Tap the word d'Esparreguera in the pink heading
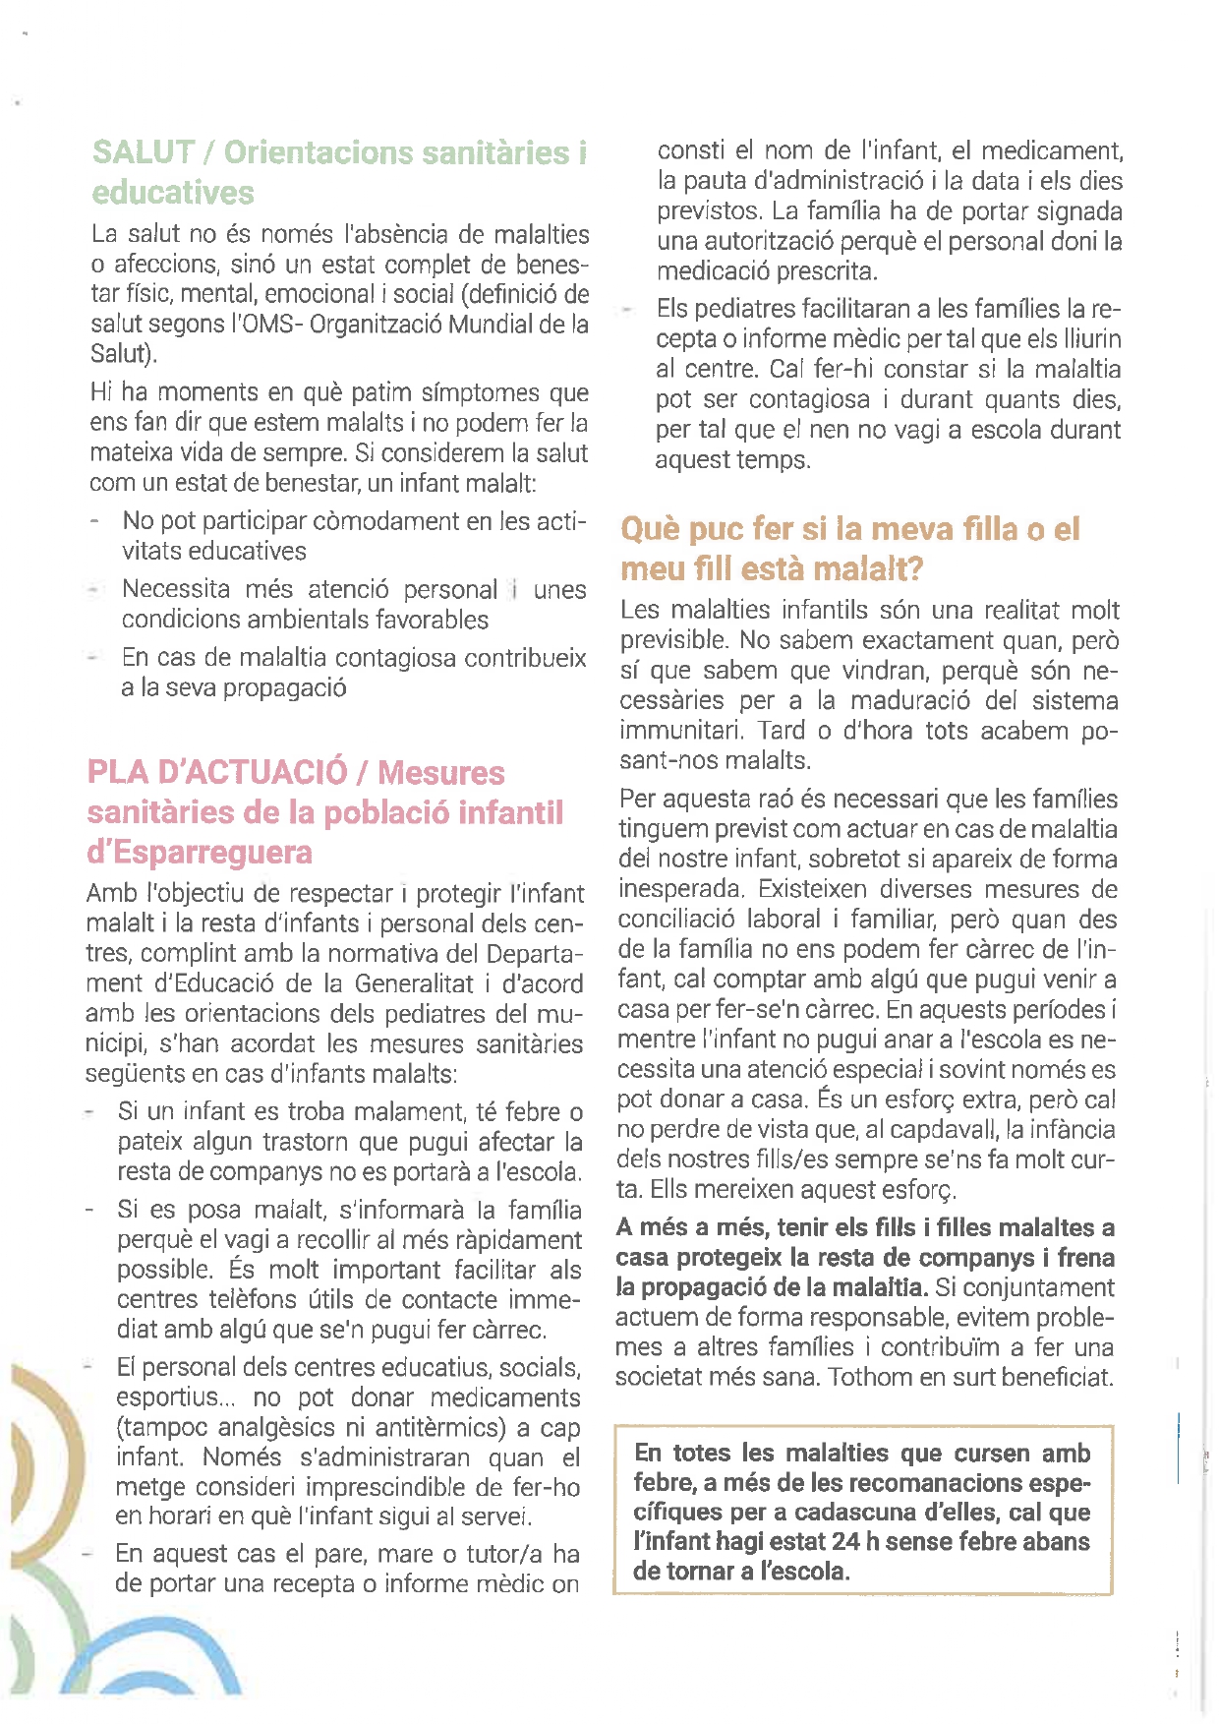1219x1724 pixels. (x=200, y=852)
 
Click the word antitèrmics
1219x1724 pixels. (x=437, y=1427)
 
